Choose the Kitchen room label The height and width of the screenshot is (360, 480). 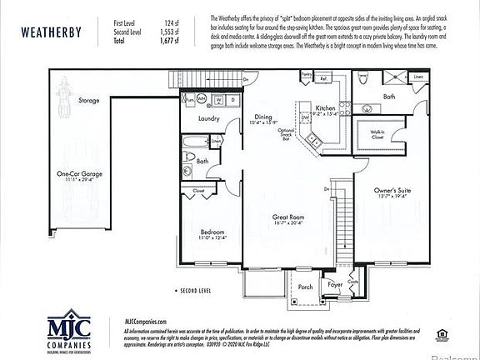tap(326, 108)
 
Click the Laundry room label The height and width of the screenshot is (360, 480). tap(208, 119)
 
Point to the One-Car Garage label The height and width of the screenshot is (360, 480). tap(80, 174)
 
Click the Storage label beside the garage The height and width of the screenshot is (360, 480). tap(89, 101)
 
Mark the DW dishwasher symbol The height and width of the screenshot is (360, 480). tap(305, 118)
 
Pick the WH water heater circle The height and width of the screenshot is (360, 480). tap(187, 98)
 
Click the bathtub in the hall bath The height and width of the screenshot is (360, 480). tap(188, 162)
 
